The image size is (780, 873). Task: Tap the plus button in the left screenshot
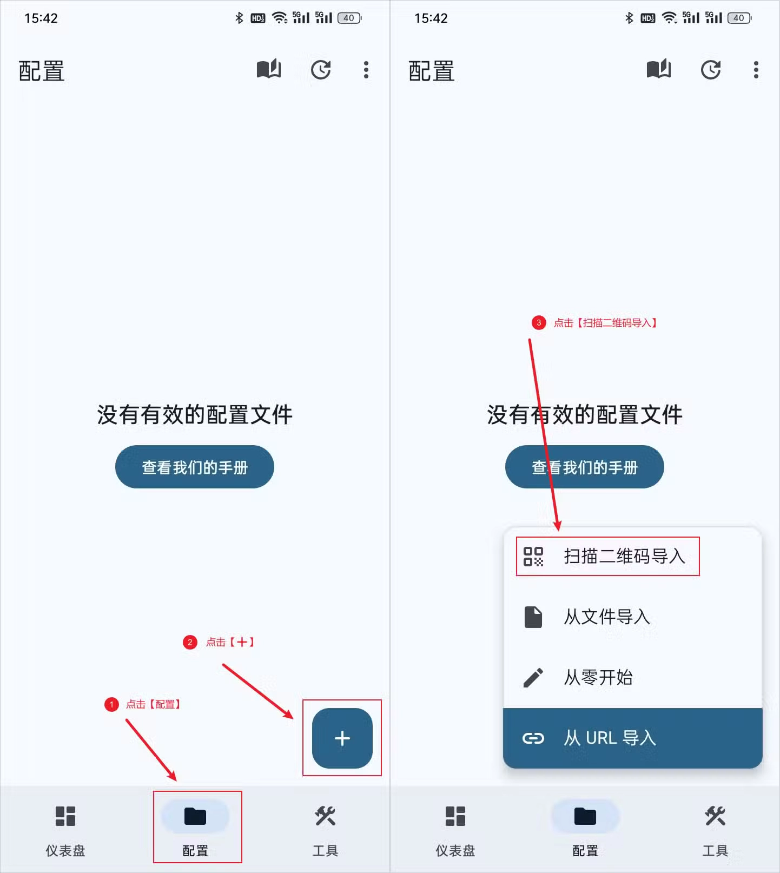[x=342, y=738]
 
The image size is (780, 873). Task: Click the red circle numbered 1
[x=111, y=704]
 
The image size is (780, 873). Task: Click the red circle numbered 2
[x=190, y=642]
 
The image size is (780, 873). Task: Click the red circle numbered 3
[x=539, y=323]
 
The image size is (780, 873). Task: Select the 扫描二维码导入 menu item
[x=624, y=556]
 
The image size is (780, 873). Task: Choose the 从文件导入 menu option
[x=606, y=617]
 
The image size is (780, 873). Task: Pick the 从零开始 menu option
[x=598, y=677]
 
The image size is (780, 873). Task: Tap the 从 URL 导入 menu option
[x=610, y=738]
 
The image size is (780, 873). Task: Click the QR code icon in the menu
[x=533, y=556]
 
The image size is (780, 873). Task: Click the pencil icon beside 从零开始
[x=533, y=677]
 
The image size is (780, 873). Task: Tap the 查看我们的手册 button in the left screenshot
[x=195, y=467]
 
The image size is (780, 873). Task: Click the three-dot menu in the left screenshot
[x=366, y=70]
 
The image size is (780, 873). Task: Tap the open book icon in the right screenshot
[x=659, y=69]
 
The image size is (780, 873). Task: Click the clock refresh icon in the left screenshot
[x=321, y=70]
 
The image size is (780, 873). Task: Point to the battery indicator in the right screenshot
[x=739, y=18]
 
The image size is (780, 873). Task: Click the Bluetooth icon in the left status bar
[x=239, y=18]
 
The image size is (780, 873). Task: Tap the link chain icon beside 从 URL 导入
[x=533, y=738]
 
